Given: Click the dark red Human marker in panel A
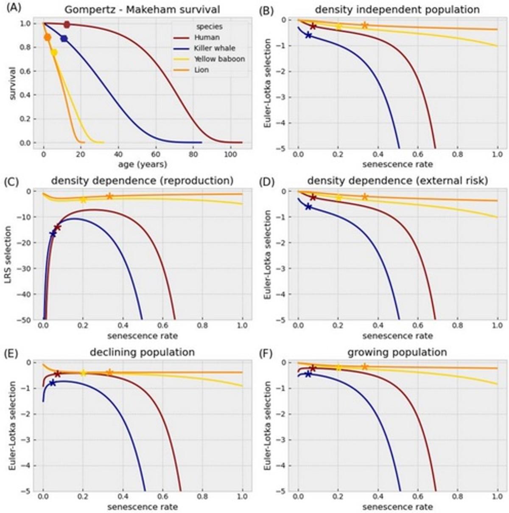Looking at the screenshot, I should coord(67,25).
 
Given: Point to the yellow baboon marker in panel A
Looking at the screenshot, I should coord(54,53).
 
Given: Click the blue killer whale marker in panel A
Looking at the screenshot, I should coord(64,39).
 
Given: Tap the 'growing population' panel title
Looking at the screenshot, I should coord(397,352).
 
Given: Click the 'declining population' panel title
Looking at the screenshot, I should coord(143,352).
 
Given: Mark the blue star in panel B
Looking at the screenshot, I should coord(309,35).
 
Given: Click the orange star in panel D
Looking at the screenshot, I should coord(364,197).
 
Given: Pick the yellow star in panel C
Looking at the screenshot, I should coord(84,199).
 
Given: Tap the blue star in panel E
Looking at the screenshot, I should coord(52,383).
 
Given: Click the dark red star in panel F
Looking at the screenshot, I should coord(313,368).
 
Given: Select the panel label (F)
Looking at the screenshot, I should coord(265,353).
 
